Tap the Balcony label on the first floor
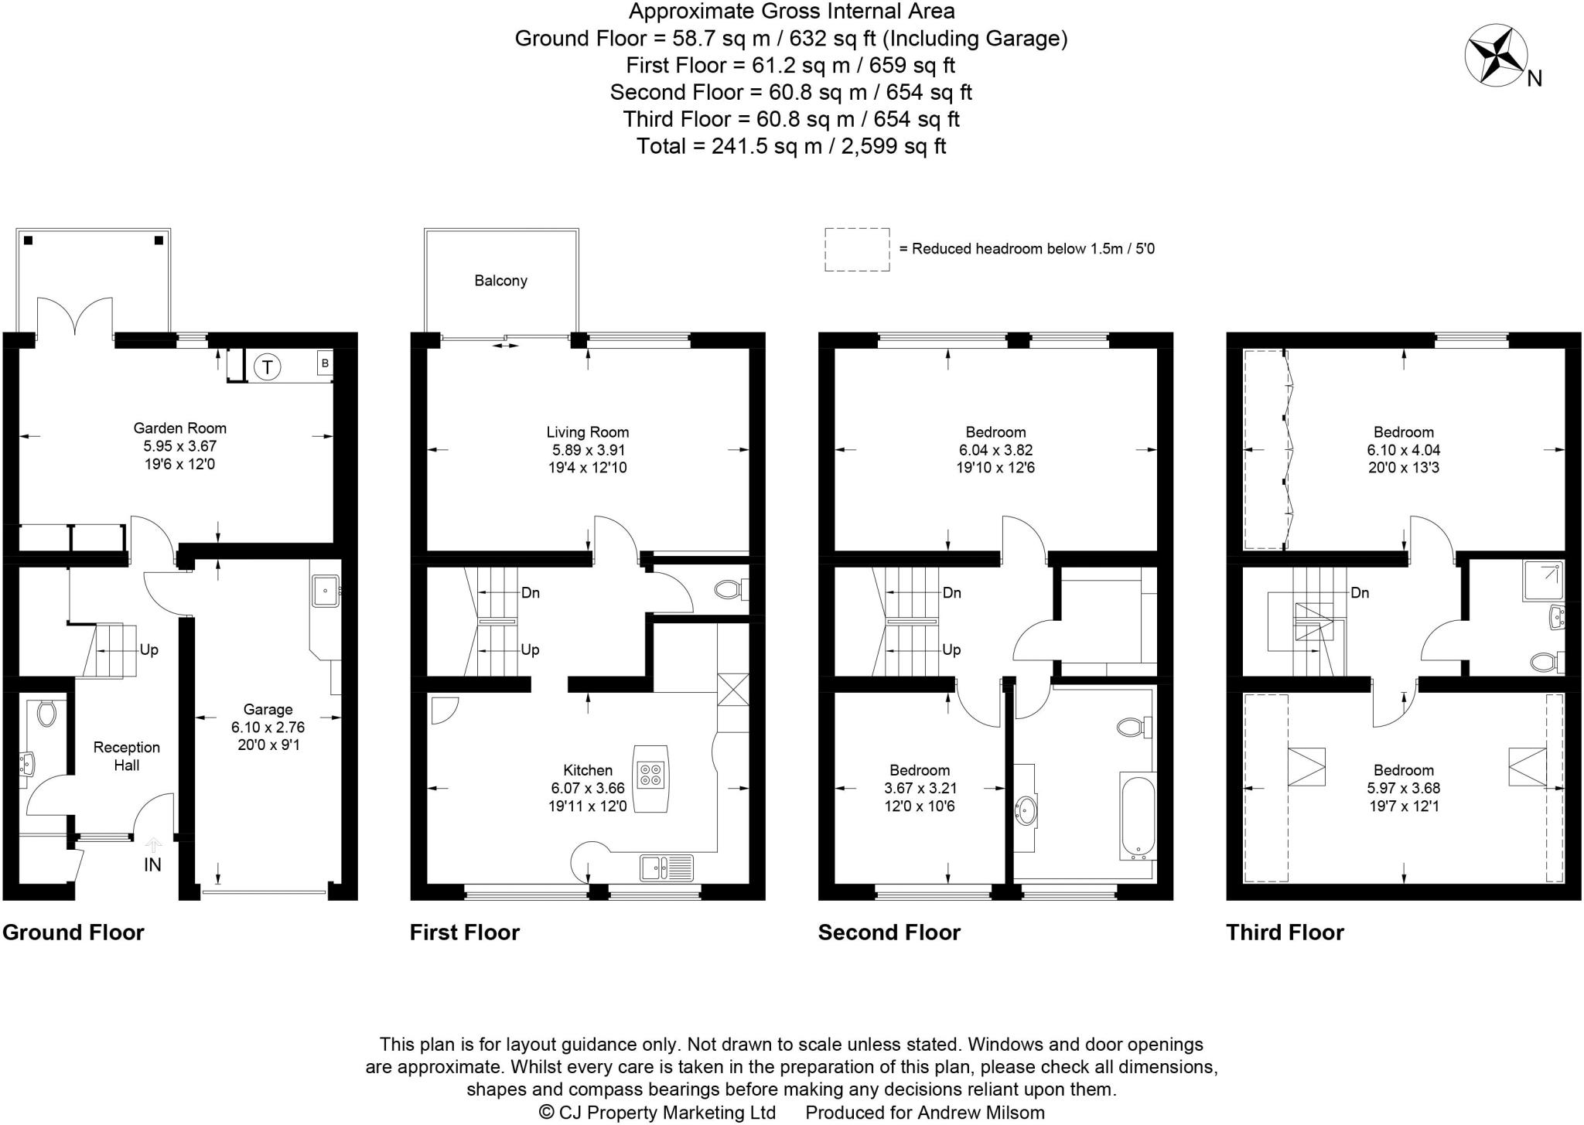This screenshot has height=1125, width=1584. (500, 281)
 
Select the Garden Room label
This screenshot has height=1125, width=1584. (179, 428)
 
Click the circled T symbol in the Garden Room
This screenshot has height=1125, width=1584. (268, 366)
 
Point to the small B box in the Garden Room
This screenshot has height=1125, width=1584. (325, 363)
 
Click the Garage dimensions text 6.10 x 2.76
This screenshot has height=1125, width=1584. (268, 728)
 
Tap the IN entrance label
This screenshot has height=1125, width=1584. (152, 865)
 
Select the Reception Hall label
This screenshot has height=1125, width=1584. (126, 756)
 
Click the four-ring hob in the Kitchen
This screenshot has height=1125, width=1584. (650, 775)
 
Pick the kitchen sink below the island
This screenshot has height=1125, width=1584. (665, 868)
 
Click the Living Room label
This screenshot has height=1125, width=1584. (587, 433)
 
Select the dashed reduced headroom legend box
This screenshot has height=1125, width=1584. (857, 249)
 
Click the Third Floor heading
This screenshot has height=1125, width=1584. (1285, 932)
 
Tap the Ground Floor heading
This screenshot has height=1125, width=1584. (73, 932)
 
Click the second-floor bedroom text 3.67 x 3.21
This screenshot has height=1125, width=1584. (919, 789)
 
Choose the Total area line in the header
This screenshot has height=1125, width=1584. (791, 146)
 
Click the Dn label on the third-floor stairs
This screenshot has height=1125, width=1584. (1360, 593)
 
